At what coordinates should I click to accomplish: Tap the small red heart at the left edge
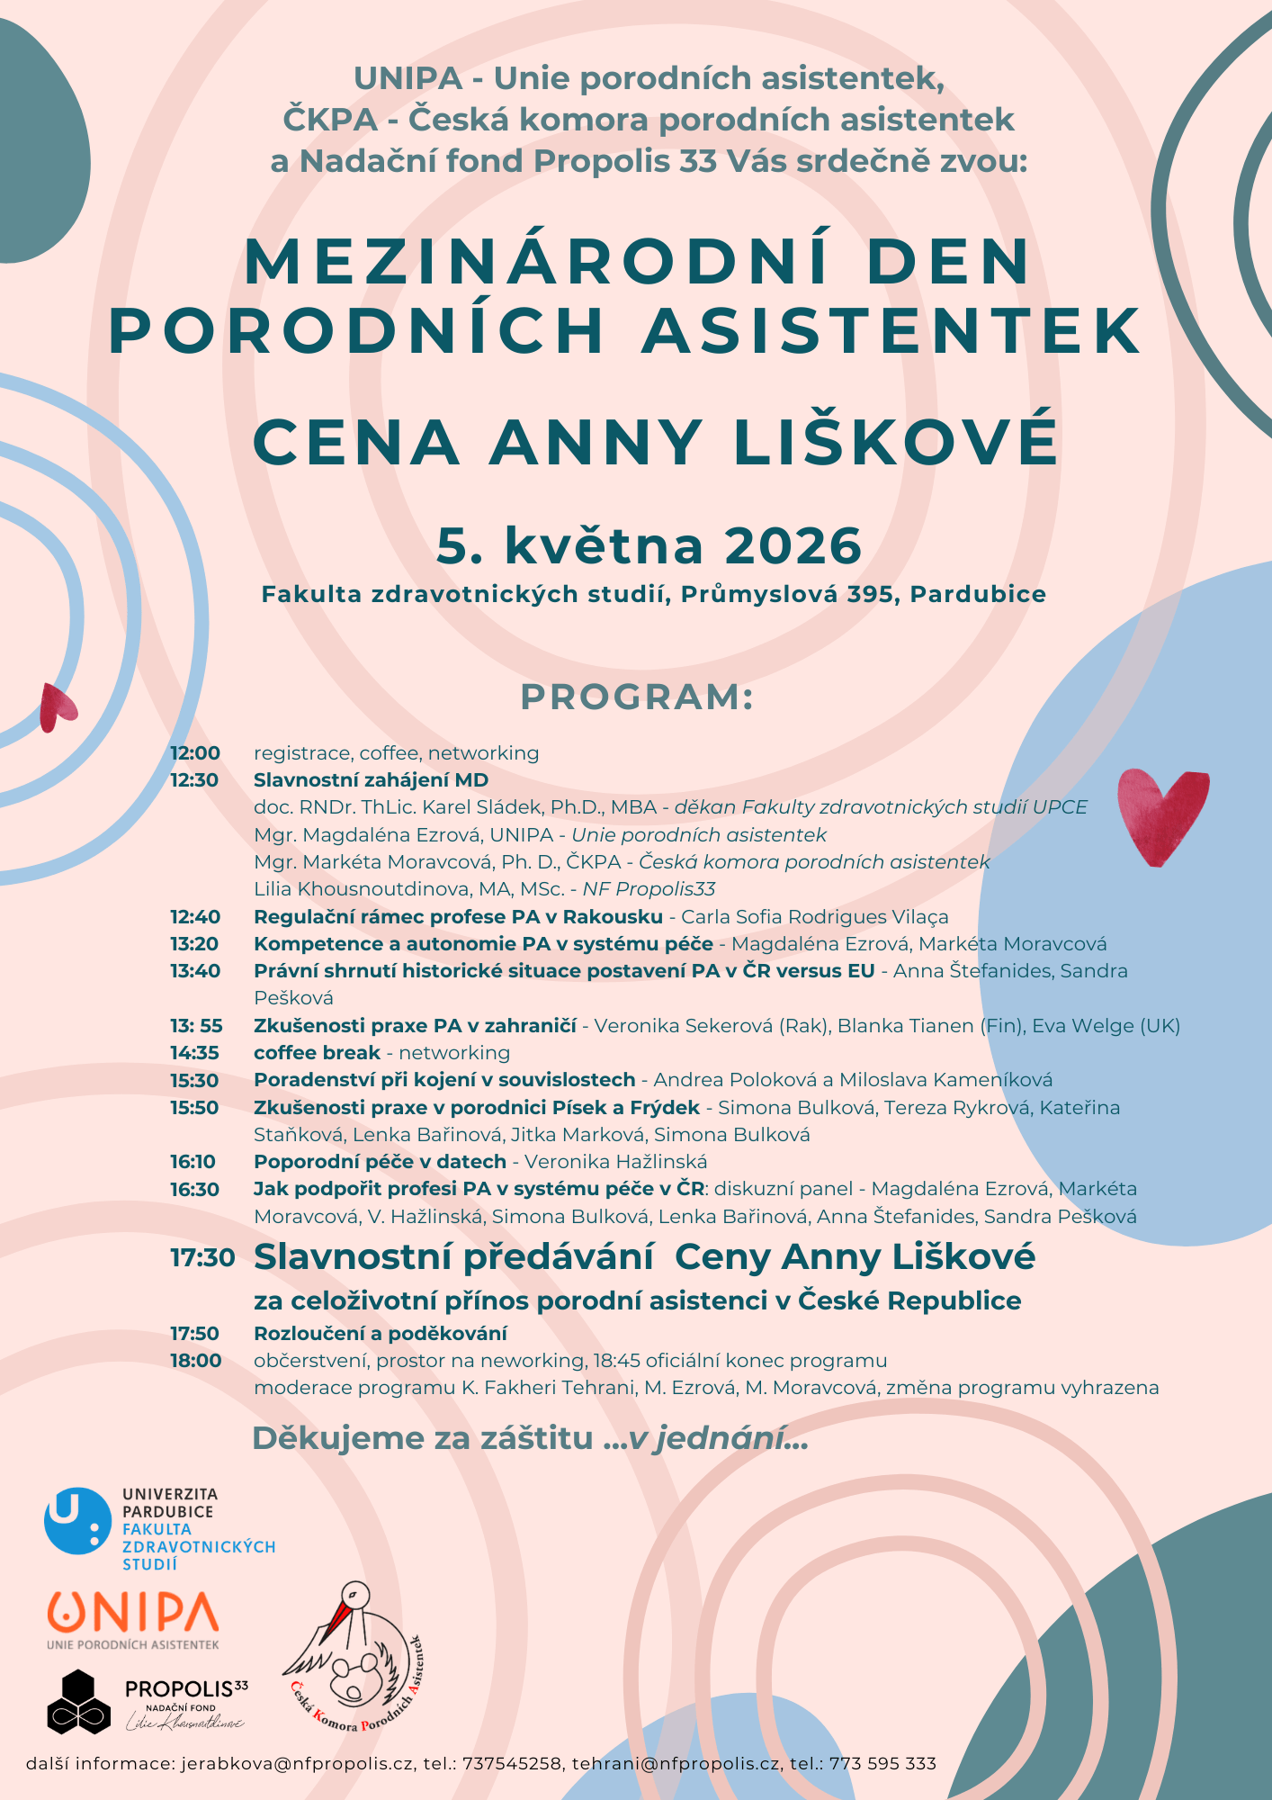coord(57,706)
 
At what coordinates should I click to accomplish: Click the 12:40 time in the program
coord(195,917)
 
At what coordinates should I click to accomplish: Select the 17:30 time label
coord(202,1257)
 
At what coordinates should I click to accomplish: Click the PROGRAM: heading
coord(637,697)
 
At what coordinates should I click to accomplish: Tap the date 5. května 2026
coord(649,546)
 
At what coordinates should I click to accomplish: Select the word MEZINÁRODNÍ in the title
coord(536,262)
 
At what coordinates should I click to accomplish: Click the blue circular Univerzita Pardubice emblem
coord(77,1521)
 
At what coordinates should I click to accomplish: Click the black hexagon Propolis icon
coord(72,1701)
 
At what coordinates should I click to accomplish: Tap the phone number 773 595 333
coord(882,1764)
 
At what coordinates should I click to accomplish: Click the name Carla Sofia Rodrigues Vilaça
coord(814,917)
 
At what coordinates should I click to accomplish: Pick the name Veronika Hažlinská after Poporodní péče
coord(615,1162)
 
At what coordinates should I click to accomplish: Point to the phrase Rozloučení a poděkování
coord(380,1333)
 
